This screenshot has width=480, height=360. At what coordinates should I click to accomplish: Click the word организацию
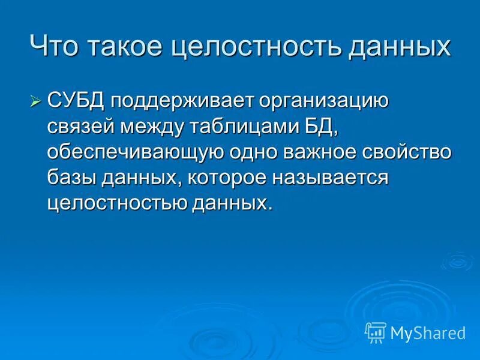(x=323, y=100)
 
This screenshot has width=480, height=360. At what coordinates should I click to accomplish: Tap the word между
(x=158, y=126)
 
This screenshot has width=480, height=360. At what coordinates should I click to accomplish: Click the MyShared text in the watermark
(x=427, y=332)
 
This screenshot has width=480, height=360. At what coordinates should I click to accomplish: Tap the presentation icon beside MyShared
(x=376, y=331)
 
